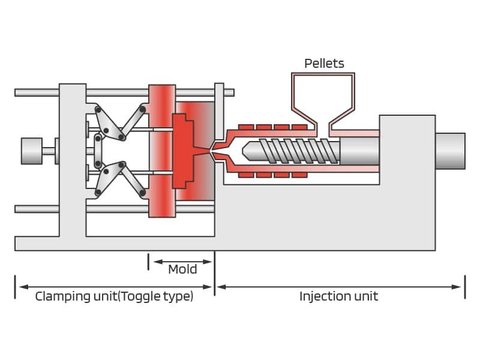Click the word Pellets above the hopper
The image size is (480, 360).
(x=324, y=63)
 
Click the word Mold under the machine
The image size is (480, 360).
(x=182, y=269)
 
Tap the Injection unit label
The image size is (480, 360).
(x=338, y=296)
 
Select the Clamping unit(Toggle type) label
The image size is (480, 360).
(x=114, y=296)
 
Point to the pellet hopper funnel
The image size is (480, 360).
(x=322, y=99)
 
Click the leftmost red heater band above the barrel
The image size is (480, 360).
(x=247, y=127)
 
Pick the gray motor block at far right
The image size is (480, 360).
(x=450, y=151)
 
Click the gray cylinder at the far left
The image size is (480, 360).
(x=31, y=151)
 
